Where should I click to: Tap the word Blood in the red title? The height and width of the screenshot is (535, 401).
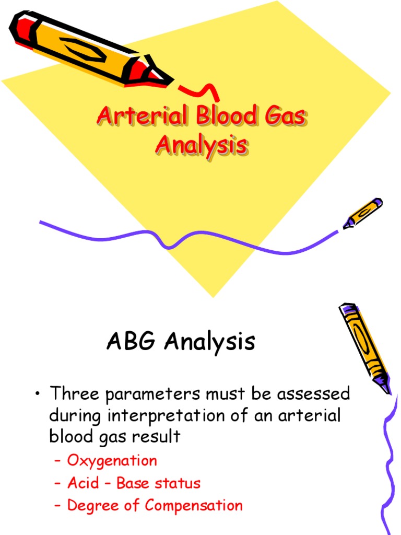[x=227, y=116]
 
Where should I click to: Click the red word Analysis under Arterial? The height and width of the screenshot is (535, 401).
[x=201, y=145]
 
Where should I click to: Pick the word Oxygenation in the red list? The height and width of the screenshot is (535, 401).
[x=112, y=461]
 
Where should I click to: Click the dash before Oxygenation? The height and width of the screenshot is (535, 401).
[x=58, y=461]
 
